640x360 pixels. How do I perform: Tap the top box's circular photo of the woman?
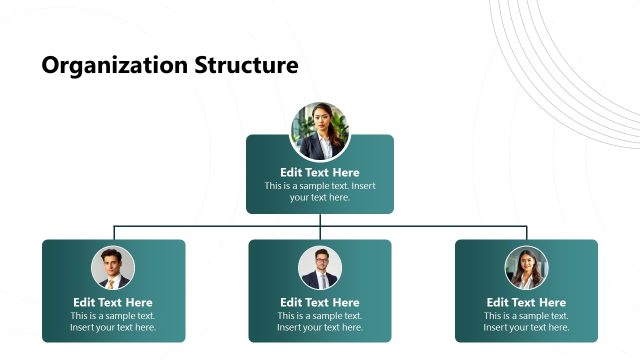320,131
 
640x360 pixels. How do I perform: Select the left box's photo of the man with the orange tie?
113,268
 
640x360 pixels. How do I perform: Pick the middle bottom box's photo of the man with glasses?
320,268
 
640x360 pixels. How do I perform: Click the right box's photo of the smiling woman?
526,268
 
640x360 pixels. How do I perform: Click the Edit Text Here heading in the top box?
320,172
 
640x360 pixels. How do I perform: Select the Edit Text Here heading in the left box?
113,302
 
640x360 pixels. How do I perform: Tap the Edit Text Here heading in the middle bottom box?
320,302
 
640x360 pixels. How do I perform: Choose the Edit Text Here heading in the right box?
526,302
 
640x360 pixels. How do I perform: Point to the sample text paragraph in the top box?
320,191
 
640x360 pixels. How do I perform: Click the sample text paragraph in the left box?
113,322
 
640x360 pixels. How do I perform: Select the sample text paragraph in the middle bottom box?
320,322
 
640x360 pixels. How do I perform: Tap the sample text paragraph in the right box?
526,322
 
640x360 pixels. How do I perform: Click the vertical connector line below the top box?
320,220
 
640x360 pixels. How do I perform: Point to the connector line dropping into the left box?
113,233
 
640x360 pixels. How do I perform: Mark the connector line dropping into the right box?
526,233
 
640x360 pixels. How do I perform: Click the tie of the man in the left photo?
113,282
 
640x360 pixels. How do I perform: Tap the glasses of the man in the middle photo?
320,261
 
